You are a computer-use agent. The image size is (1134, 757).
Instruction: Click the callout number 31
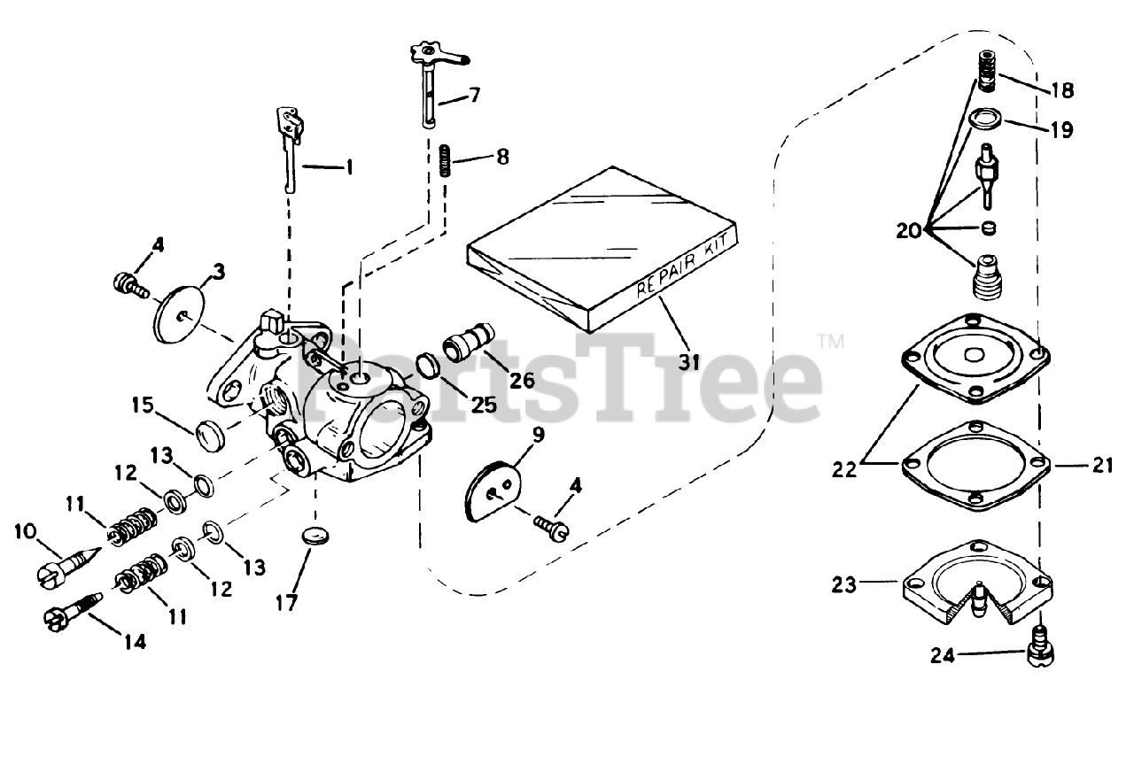click(689, 361)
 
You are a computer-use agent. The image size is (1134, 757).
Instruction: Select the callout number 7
click(475, 93)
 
